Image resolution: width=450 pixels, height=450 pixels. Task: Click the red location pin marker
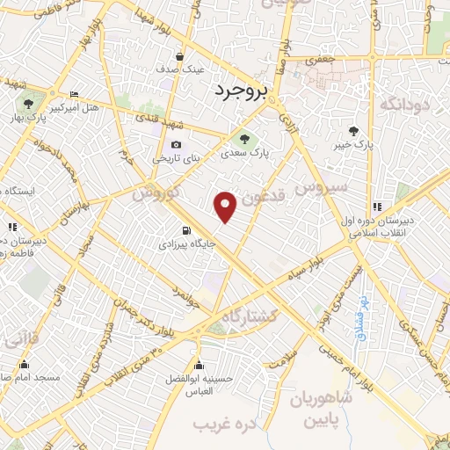click(226, 207)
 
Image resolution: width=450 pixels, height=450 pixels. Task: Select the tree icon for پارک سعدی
click(245, 138)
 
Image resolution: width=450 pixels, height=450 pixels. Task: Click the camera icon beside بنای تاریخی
click(177, 145)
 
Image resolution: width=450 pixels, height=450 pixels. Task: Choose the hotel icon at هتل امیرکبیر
click(73, 94)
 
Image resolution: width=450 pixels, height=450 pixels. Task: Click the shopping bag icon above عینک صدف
click(179, 54)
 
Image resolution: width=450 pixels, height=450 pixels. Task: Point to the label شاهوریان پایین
click(326, 410)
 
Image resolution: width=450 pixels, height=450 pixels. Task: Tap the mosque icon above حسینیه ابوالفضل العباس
click(200, 365)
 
